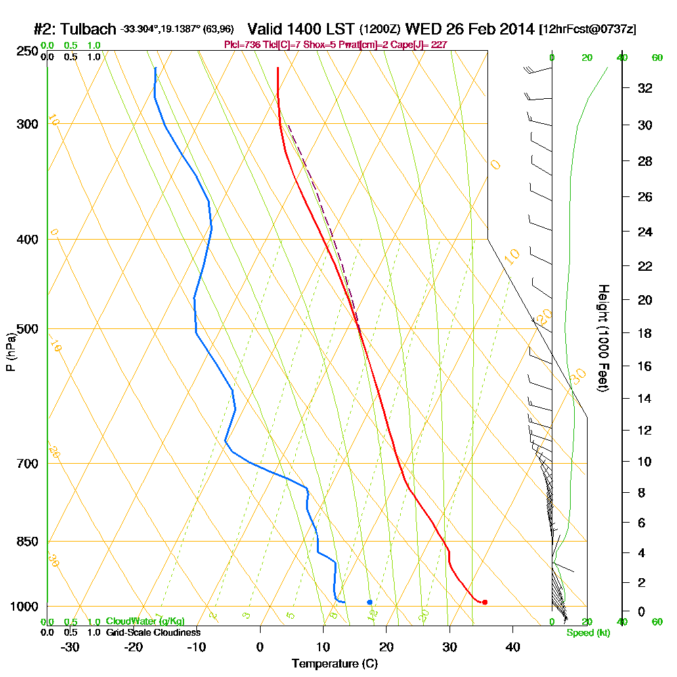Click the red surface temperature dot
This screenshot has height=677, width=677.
(485, 602)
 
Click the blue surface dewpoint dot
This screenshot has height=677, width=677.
(370, 602)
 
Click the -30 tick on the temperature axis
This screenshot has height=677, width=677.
(70, 647)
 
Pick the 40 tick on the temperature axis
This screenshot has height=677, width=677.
(512, 647)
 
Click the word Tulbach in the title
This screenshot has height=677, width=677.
(89, 29)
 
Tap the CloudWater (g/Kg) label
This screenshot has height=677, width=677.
(145, 621)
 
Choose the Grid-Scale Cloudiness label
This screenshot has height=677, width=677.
(152, 632)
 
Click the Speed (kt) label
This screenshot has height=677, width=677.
(588, 632)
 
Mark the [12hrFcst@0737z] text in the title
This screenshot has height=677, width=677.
(587, 30)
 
